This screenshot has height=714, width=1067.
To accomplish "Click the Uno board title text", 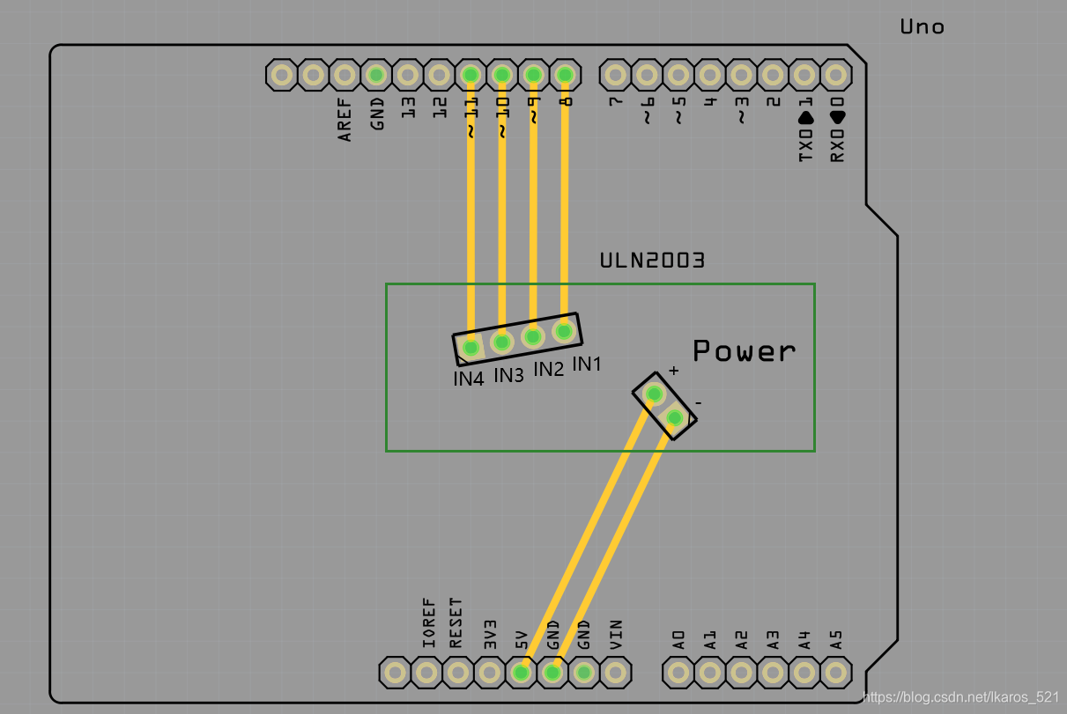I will pos(922,26).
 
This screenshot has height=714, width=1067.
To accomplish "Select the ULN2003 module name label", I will pos(651,261).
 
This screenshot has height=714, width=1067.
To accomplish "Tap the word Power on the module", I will pos(744,350).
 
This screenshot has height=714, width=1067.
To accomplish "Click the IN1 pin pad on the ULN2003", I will pos(564,331).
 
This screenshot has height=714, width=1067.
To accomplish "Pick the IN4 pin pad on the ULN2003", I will pos(471,349).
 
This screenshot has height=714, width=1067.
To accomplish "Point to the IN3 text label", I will pos(508,375).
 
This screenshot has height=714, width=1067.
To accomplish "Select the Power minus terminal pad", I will pos(675,416).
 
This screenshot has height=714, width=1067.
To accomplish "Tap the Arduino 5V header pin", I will pos(521,674).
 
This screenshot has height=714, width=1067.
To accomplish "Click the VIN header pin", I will pos(615,674).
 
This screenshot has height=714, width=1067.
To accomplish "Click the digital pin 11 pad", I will pos(471,75).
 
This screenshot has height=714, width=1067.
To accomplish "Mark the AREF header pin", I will pos(345,75).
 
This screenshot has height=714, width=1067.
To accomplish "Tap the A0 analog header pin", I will pos(678,674).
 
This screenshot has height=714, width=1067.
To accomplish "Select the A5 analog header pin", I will pos(835,674).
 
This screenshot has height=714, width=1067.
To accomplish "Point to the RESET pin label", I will pos(456,622).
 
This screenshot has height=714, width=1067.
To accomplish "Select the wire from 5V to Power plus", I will pos(586,537).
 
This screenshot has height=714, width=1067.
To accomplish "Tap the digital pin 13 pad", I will pos(407,75).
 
